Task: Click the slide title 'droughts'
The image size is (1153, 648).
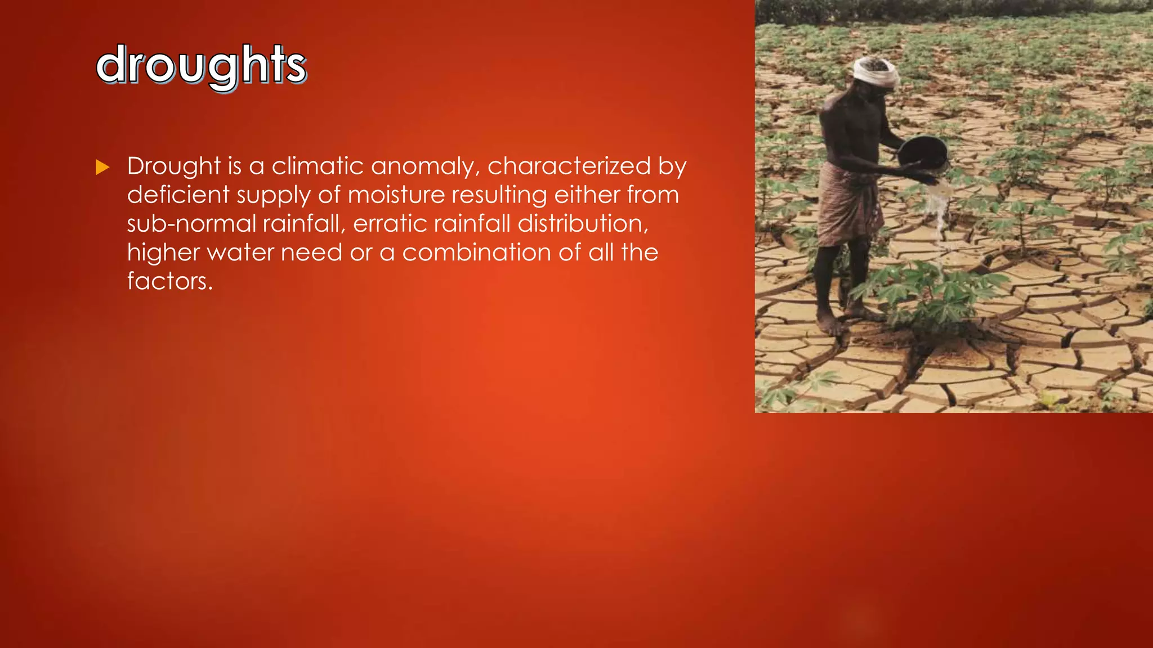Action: coord(201,65)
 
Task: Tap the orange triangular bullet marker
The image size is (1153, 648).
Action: coord(102,167)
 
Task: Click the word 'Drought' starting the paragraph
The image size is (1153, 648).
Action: coord(173,166)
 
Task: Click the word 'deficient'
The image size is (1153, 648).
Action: coord(178,195)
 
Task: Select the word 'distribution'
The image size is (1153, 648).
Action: coord(580,224)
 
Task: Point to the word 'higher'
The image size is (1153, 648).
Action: coord(163,253)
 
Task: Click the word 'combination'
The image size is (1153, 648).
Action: coord(476,253)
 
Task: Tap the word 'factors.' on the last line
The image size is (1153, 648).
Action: coord(169,281)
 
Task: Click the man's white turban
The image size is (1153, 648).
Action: coord(874,72)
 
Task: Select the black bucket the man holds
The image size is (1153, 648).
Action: coord(923,151)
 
